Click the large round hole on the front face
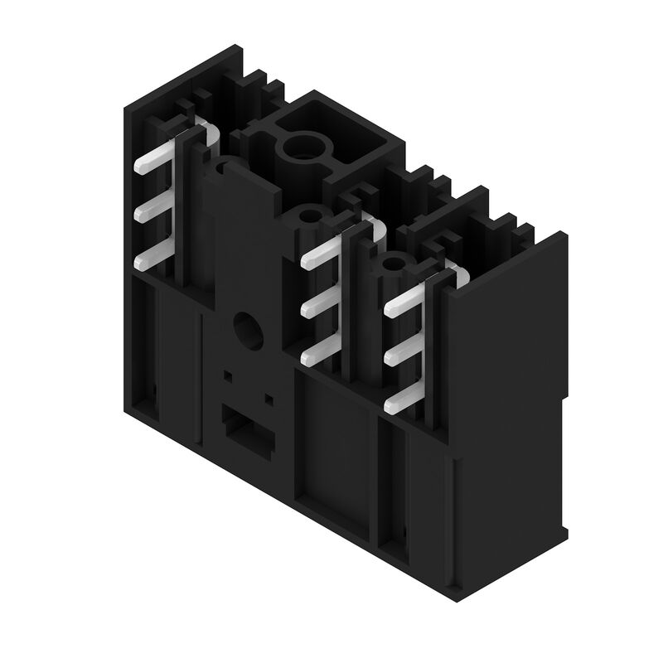click(246, 328)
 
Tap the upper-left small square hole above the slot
click(227, 375)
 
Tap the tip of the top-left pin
click(138, 168)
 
